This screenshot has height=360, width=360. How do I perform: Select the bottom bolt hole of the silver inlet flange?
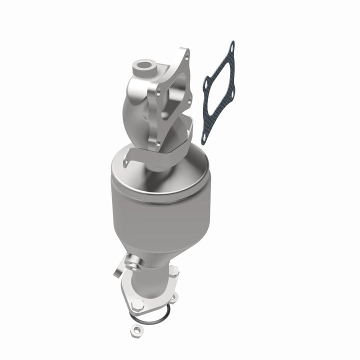pyautogui.click(x=159, y=143)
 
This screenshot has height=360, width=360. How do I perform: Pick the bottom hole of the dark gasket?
pyautogui.click(x=205, y=138)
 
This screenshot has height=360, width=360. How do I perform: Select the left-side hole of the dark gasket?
pyautogui.click(x=205, y=85)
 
